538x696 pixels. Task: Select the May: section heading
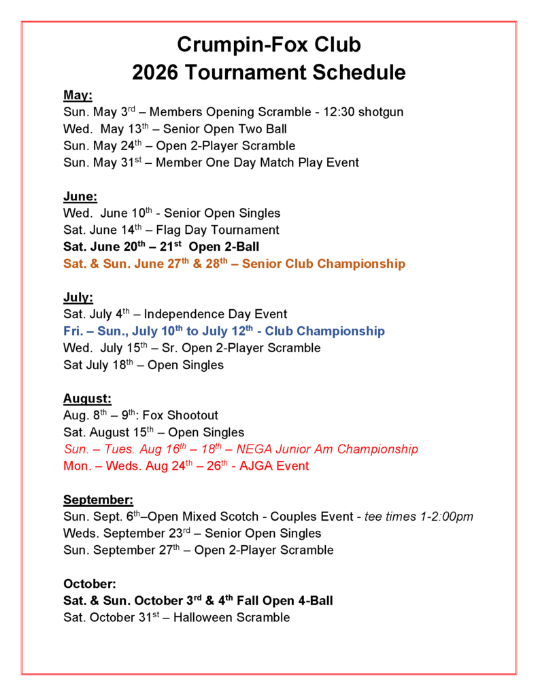[x=78, y=95]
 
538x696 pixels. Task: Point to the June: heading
[x=80, y=196]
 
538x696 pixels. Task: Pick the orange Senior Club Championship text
[x=323, y=264]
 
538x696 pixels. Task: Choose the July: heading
[x=78, y=297]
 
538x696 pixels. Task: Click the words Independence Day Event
[x=216, y=314]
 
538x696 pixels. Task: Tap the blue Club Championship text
[x=324, y=331]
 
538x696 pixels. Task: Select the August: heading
[x=87, y=398]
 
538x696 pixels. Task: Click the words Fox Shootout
[x=184, y=415]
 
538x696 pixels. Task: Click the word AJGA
[x=259, y=466]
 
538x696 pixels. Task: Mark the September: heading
[x=98, y=500]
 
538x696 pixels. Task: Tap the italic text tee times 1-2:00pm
[x=418, y=517]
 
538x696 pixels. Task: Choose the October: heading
[x=89, y=584]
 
